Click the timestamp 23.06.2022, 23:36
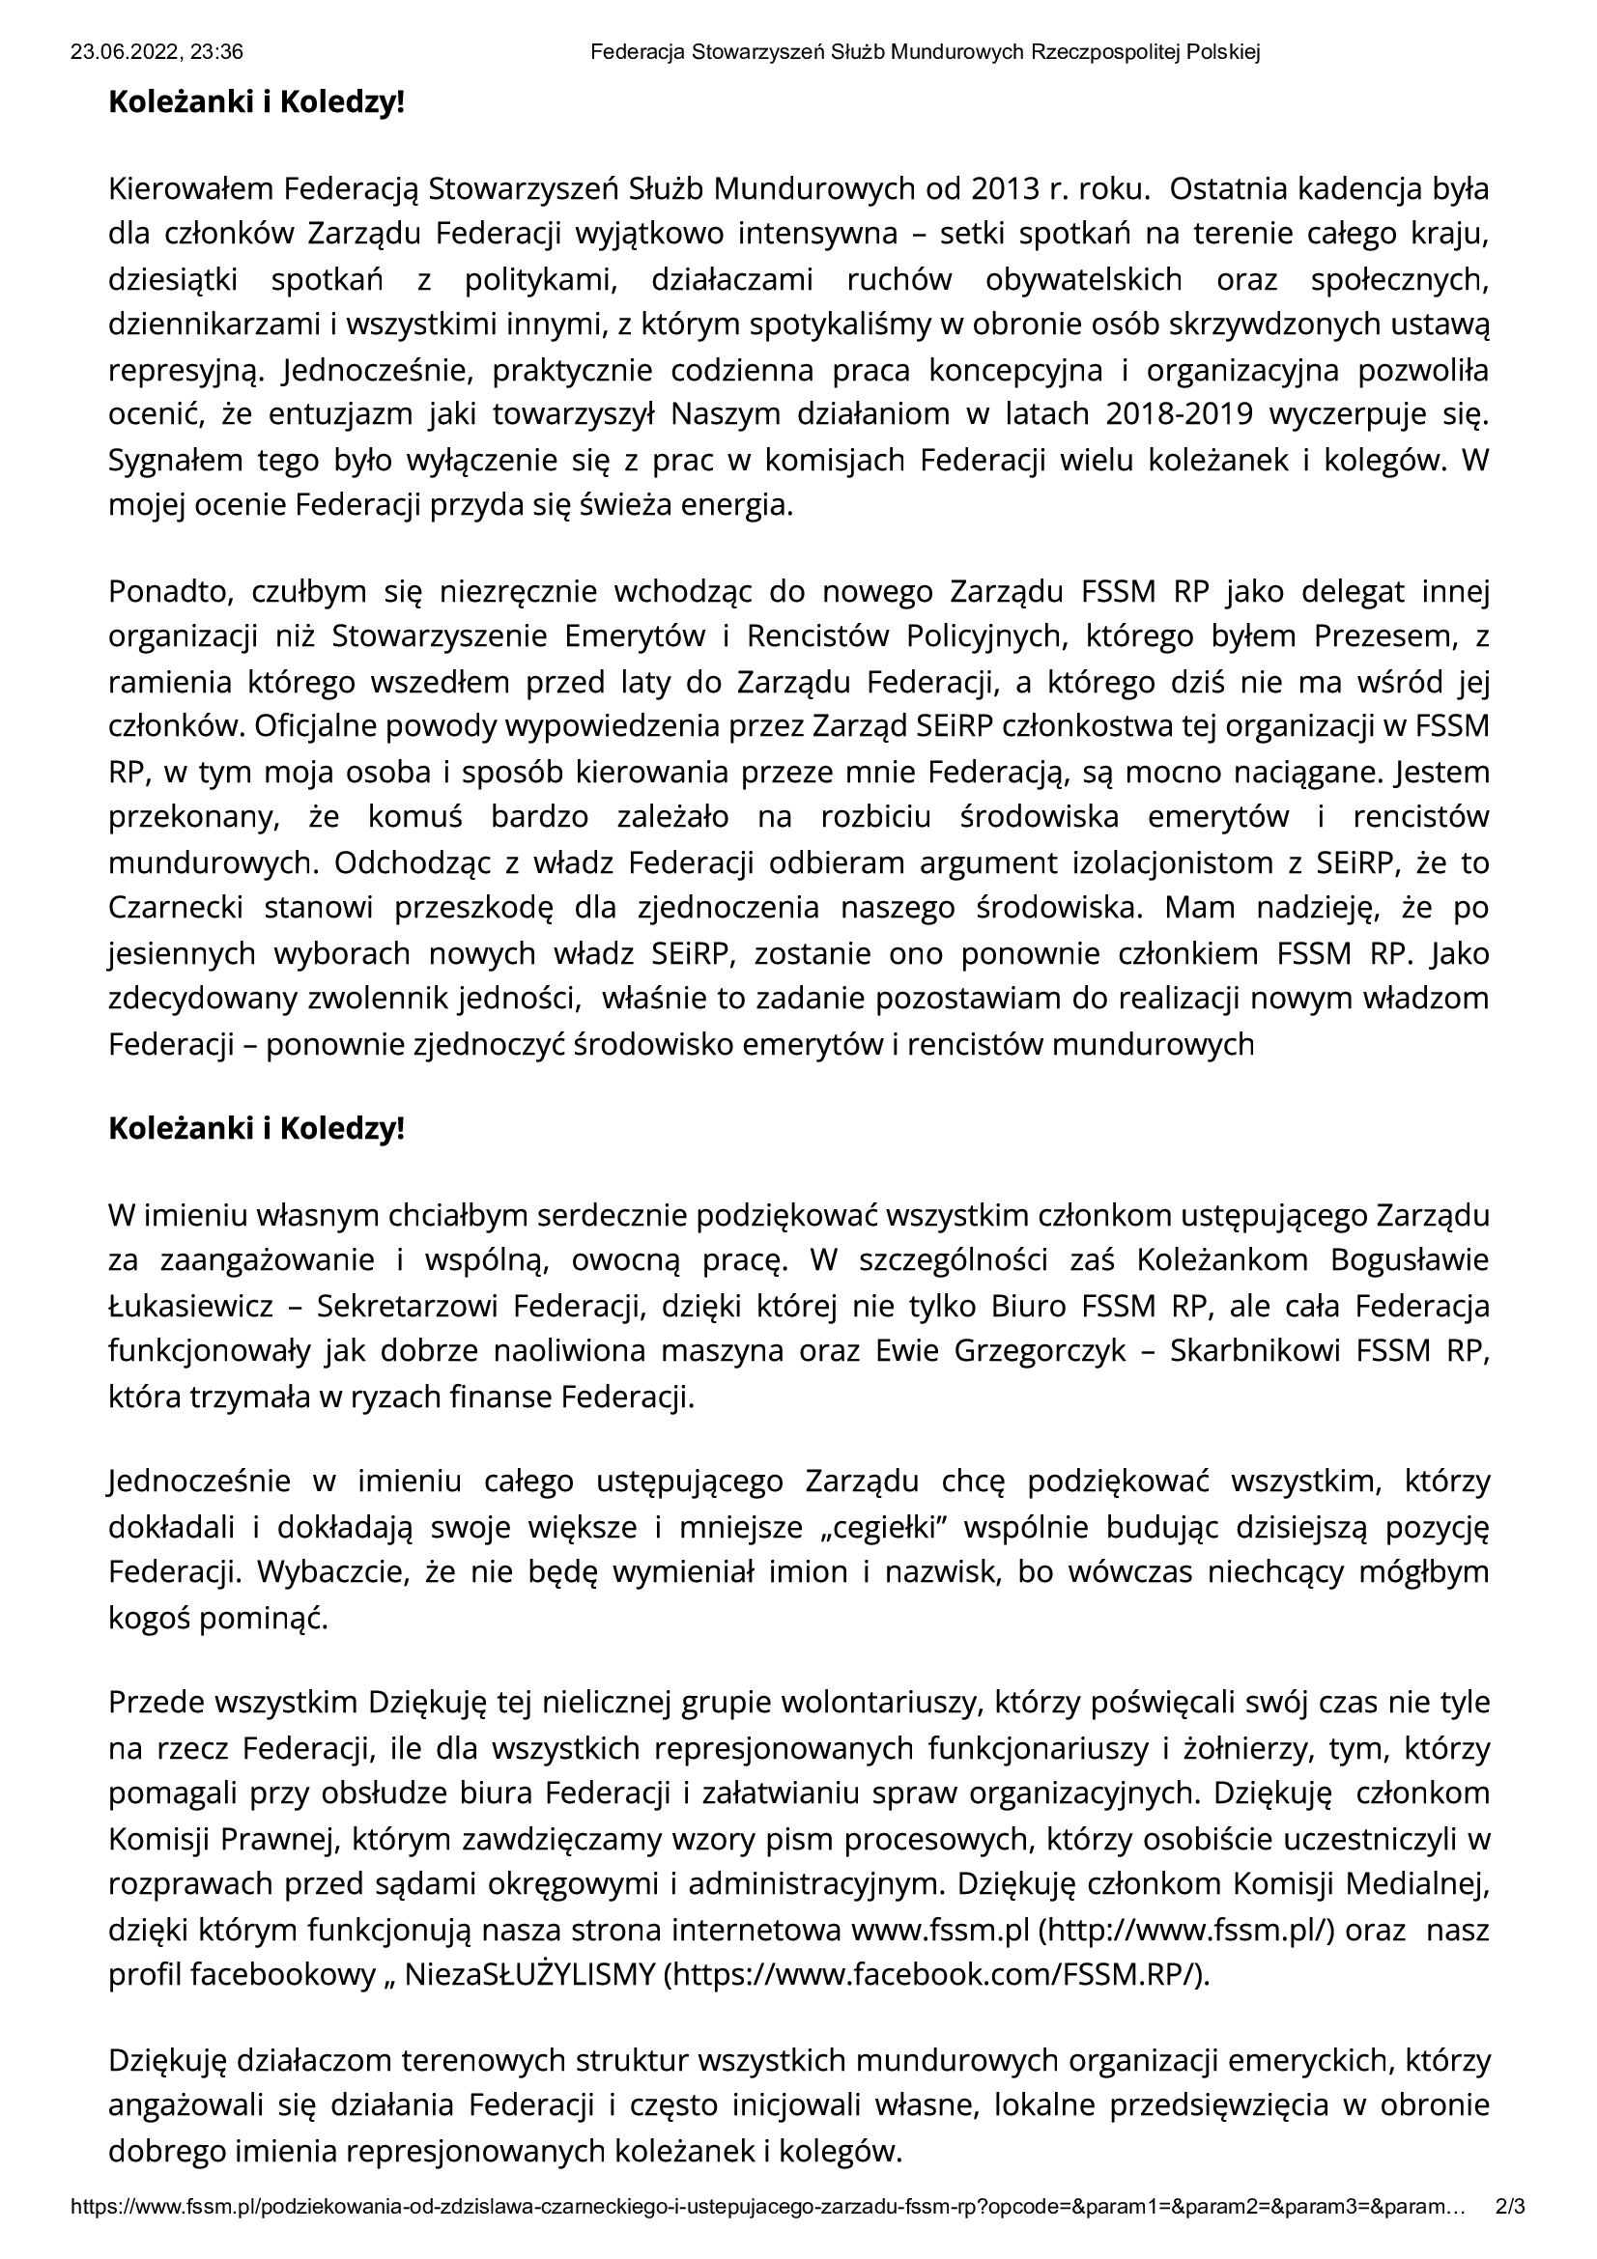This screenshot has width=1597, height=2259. pyautogui.click(x=157, y=53)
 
